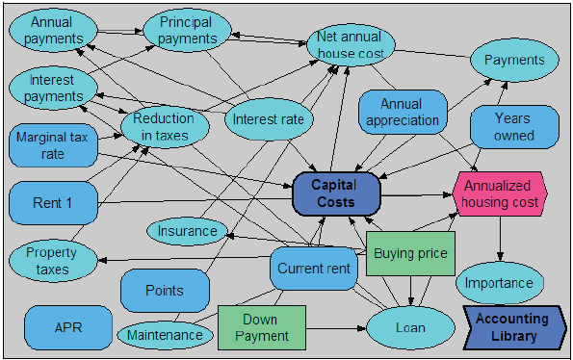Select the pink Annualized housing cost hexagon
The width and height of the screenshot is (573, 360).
[x=499, y=194]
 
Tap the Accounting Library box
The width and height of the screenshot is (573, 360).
[x=513, y=327]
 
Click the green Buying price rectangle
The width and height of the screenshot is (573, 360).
[x=410, y=254]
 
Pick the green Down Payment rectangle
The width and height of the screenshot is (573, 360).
[x=261, y=327]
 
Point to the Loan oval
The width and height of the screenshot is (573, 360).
[x=410, y=327]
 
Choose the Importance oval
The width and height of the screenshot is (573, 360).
[x=499, y=283]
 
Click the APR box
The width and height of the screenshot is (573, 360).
[x=68, y=327]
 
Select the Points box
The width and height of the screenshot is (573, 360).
[x=165, y=290]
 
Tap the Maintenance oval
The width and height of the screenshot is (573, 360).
[x=166, y=334]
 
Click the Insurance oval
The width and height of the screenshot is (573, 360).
[x=187, y=231]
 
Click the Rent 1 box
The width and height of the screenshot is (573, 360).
[x=53, y=203]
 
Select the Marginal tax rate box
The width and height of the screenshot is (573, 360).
[x=53, y=145]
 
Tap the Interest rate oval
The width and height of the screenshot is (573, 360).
[x=269, y=120]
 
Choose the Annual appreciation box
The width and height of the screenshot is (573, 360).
[x=403, y=113]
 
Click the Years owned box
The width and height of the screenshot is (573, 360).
[x=514, y=127]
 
